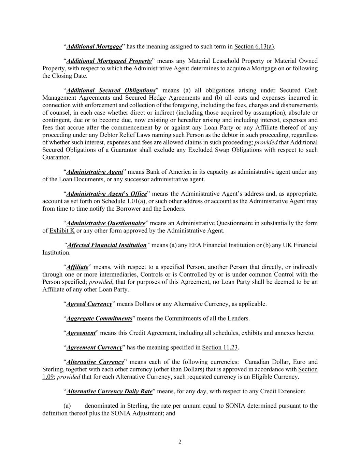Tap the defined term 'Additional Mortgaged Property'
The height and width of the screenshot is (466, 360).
click(109, 61)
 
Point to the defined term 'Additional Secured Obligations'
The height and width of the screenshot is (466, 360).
click(111, 90)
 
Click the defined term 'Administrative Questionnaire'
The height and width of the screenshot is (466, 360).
click(106, 223)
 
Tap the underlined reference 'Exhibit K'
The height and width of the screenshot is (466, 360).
click(62, 231)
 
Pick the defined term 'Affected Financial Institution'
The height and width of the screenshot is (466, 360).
click(107, 245)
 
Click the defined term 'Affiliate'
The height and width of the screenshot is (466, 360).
click(77, 267)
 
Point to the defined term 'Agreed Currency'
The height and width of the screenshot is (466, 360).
click(89, 304)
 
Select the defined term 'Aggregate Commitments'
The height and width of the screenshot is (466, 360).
click(99, 319)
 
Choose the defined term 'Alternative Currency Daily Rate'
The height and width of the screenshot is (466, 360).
click(109, 391)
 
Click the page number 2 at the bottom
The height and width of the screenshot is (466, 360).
click(180, 442)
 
